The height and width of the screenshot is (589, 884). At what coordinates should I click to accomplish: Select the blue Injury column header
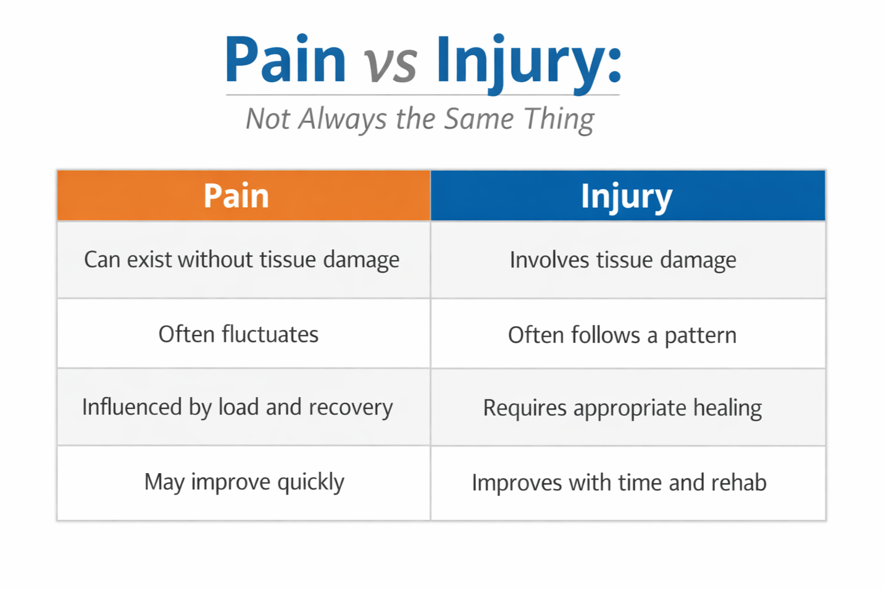click(627, 196)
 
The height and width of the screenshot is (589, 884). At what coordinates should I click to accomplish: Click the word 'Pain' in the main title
click(285, 60)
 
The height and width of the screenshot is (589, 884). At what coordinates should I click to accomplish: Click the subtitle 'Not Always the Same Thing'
click(420, 119)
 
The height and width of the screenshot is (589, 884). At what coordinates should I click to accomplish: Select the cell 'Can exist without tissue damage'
click(241, 260)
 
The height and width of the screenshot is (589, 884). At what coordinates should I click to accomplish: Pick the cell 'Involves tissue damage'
click(623, 260)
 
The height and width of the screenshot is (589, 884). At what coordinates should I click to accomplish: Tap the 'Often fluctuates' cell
click(238, 334)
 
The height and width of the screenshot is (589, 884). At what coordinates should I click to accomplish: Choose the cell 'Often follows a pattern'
click(622, 335)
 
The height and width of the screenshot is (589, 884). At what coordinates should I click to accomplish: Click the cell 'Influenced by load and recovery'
click(238, 407)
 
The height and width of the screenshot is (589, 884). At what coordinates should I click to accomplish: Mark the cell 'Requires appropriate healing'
click(622, 408)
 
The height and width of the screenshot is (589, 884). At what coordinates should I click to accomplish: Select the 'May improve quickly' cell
click(244, 482)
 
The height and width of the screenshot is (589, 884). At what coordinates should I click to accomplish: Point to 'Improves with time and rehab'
click(619, 482)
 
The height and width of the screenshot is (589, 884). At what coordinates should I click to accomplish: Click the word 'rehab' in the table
click(739, 482)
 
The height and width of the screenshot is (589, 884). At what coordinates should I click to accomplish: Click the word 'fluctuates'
click(270, 334)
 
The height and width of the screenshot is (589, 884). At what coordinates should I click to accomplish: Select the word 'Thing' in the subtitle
click(559, 119)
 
